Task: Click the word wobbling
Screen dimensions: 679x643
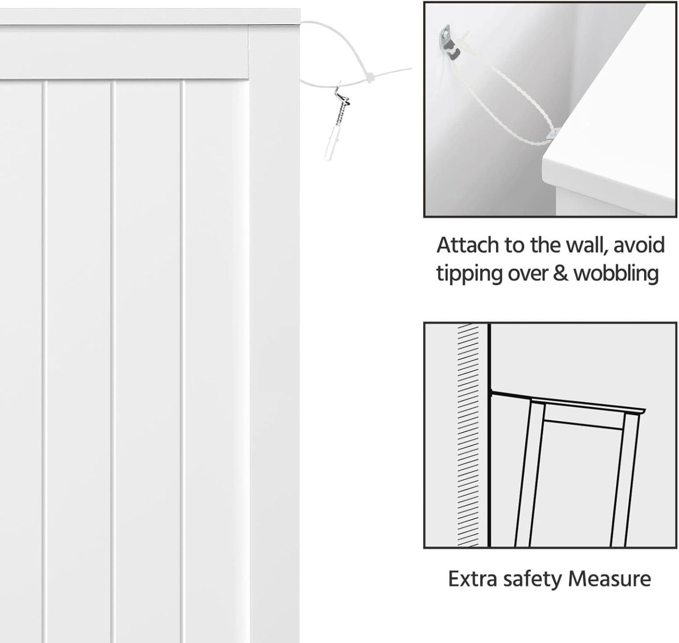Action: coord(616,274)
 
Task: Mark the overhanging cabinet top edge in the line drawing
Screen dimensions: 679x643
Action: coord(587,406)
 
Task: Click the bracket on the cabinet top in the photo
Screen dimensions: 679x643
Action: coord(553,133)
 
